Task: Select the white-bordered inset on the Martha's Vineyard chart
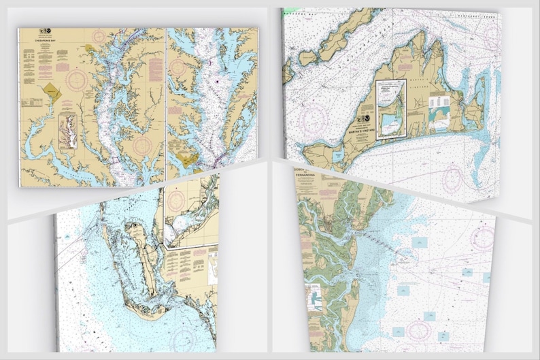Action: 390,108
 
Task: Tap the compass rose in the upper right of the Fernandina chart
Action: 484,237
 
